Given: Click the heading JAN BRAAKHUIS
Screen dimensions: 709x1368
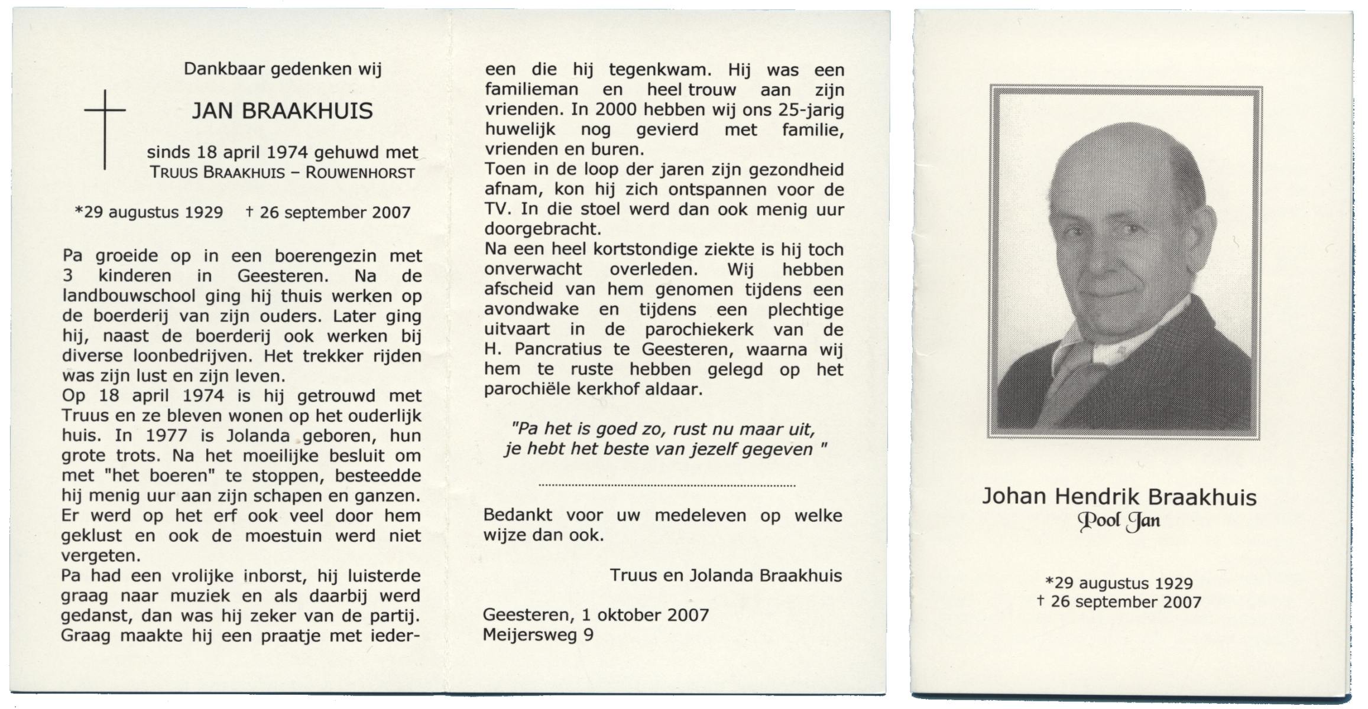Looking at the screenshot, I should tap(282, 111).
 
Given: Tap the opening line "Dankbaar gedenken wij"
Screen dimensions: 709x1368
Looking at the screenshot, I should tap(283, 69).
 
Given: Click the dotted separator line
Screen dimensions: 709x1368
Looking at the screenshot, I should tap(667, 486).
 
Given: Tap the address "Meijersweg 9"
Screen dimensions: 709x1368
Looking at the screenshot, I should tap(538, 635).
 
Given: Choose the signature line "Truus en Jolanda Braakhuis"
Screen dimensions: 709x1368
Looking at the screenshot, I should tap(725, 575).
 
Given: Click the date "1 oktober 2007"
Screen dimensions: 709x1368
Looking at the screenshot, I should tap(645, 615).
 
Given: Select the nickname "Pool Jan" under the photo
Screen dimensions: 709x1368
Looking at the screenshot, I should tap(1119, 521).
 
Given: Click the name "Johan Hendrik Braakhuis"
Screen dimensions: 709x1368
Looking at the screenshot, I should tap(1119, 497).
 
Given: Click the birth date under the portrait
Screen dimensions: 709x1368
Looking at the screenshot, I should tap(1119, 583).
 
